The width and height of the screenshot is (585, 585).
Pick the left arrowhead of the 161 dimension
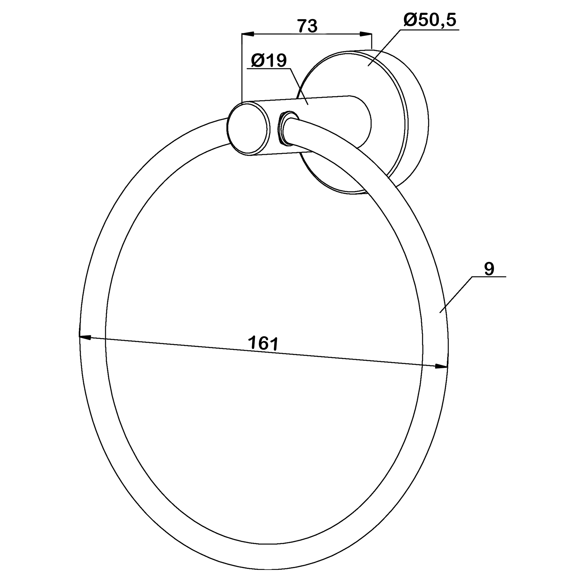tap(85, 337)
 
